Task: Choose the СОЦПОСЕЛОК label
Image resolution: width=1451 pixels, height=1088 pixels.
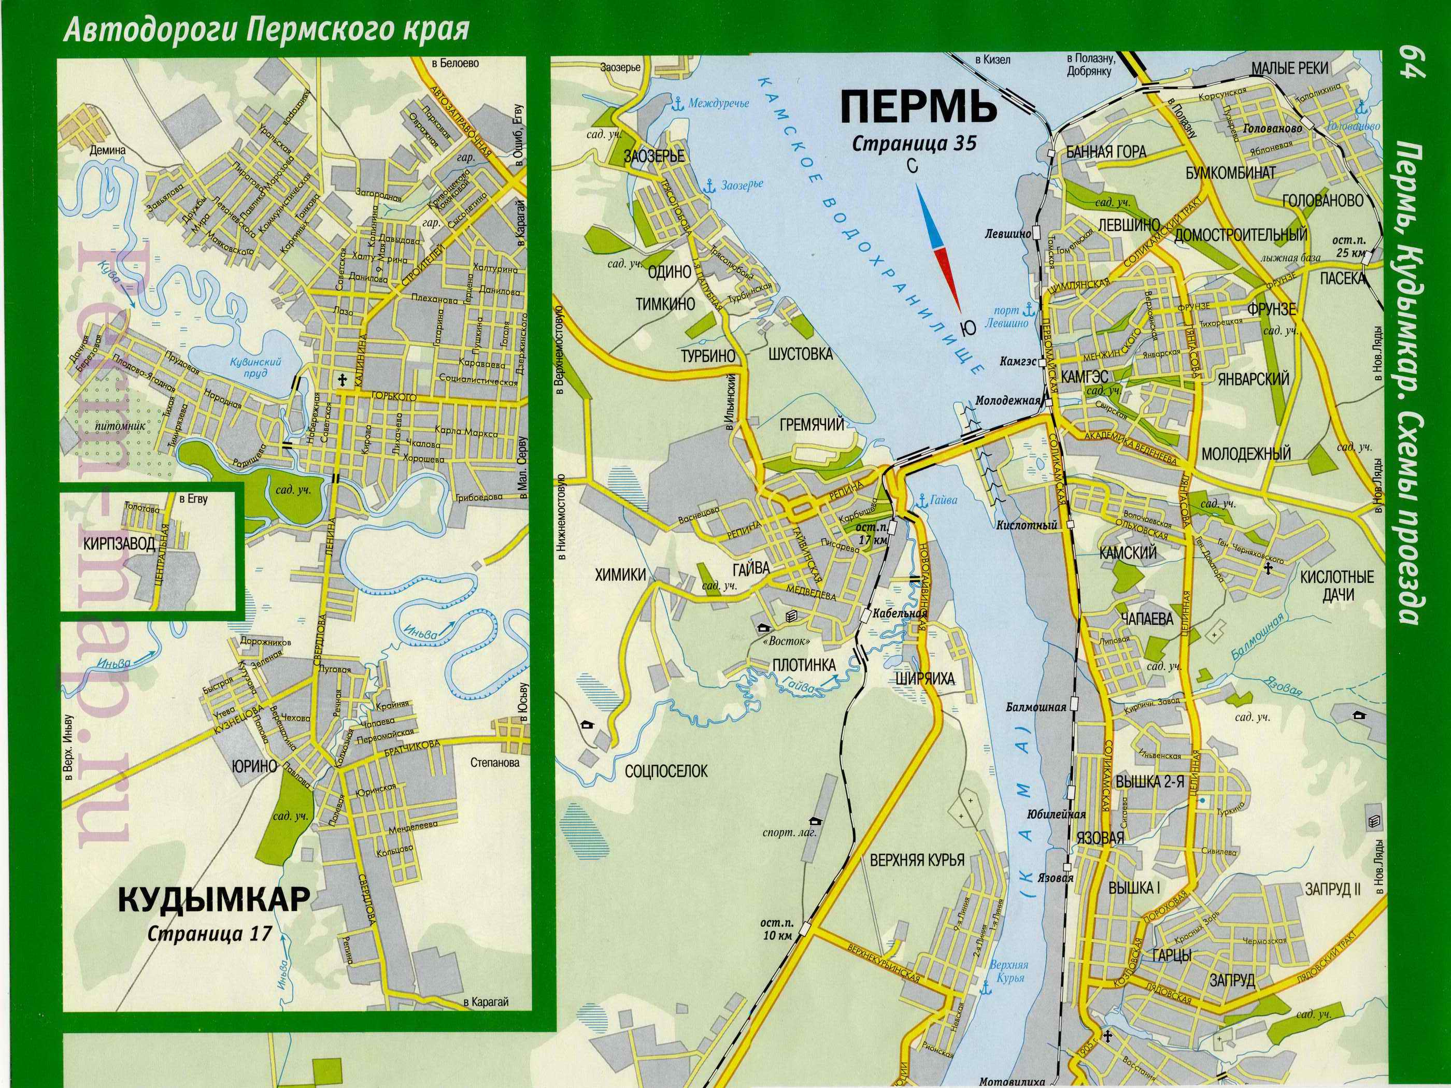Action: pyautogui.click(x=666, y=770)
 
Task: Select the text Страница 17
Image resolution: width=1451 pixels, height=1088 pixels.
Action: pyautogui.click(x=209, y=933)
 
